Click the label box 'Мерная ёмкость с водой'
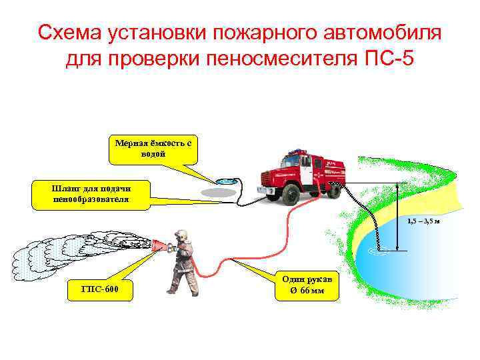click(153, 149)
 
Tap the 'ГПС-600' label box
click(100, 289)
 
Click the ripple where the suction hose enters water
click(377, 251)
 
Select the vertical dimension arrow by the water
click(398, 217)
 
